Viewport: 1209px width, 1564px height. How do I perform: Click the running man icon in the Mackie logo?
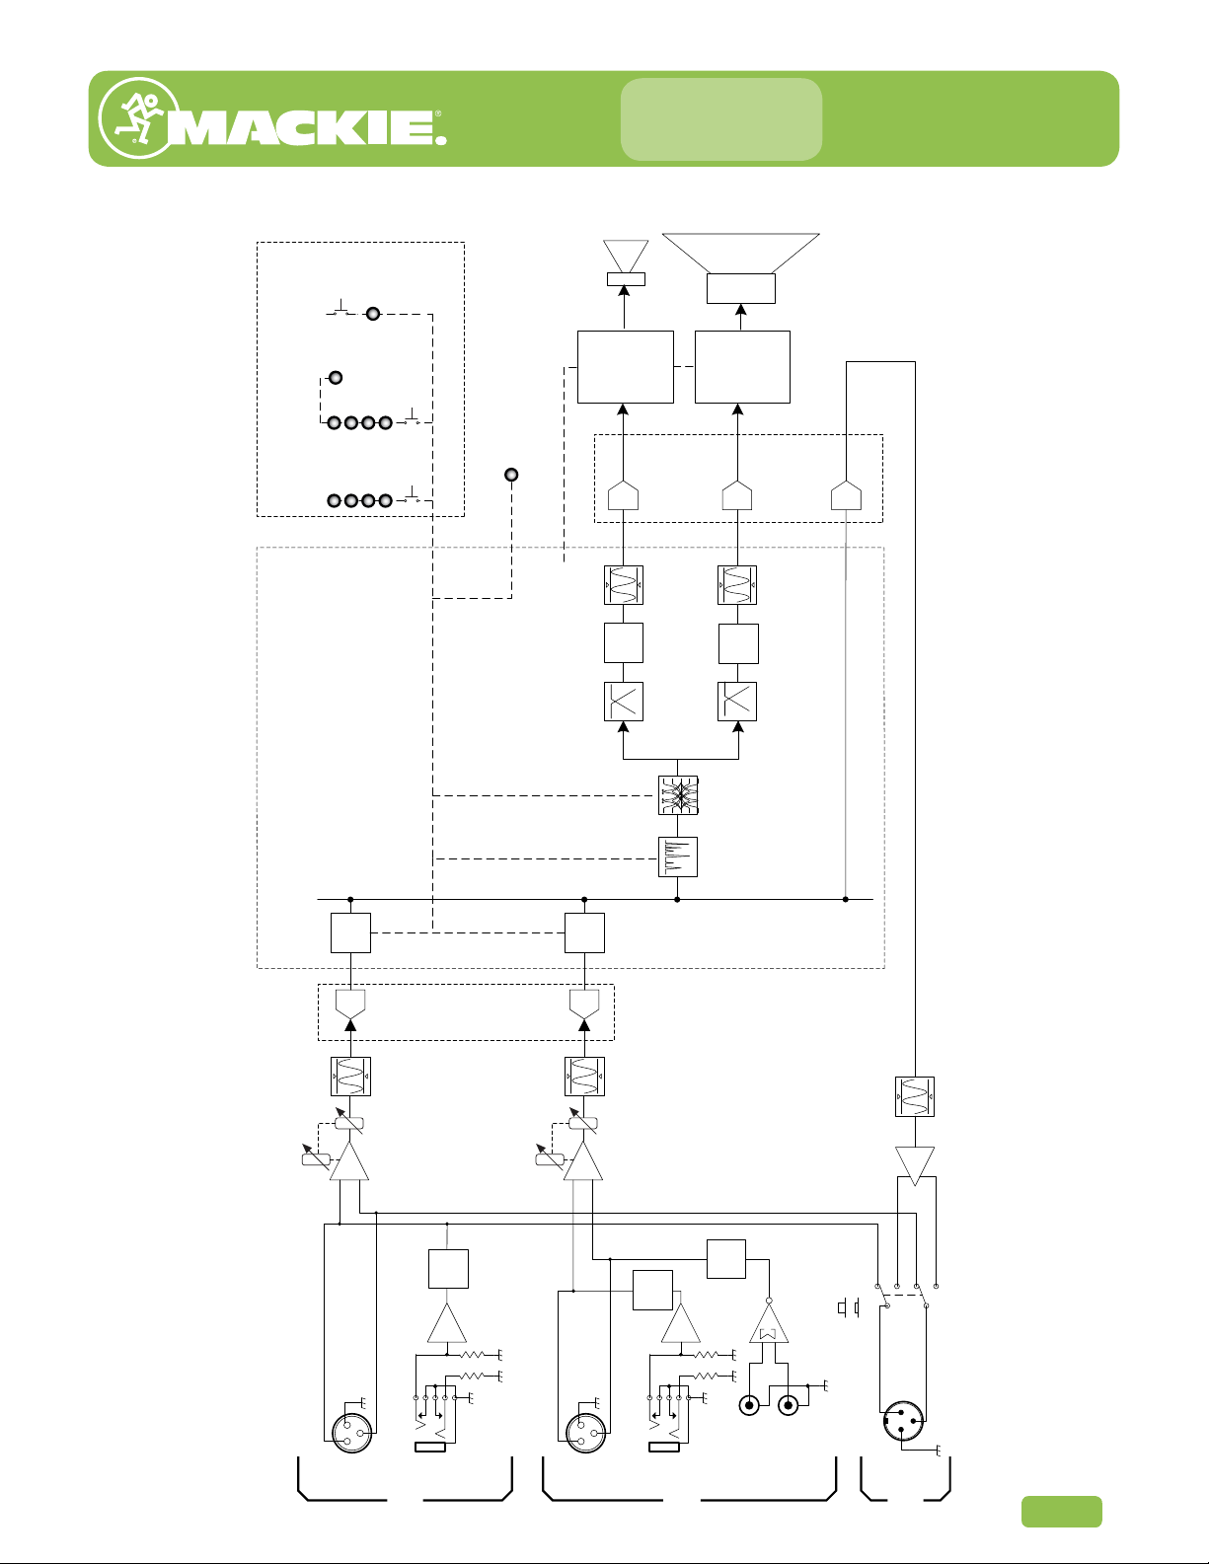click(x=138, y=118)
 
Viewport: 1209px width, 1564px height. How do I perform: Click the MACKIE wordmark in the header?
click(x=307, y=127)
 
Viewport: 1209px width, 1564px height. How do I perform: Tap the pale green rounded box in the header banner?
click(x=721, y=118)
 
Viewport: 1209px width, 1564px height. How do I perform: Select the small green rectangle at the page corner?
click(x=1062, y=1512)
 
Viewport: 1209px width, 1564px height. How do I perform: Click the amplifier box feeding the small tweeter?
click(x=626, y=367)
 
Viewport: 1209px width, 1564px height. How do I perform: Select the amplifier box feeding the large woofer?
click(x=742, y=367)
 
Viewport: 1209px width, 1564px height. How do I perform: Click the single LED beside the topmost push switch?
click(x=373, y=314)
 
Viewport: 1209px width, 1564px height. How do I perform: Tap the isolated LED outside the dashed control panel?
click(x=511, y=475)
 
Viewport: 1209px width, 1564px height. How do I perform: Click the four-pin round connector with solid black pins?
click(x=902, y=1420)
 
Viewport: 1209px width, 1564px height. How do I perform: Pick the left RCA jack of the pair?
click(x=749, y=1405)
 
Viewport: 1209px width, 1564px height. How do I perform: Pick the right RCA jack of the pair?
click(x=788, y=1405)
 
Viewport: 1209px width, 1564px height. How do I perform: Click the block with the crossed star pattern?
click(x=678, y=795)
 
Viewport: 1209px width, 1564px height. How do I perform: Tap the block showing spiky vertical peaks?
click(x=678, y=856)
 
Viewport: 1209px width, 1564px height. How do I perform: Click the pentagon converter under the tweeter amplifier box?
click(x=623, y=495)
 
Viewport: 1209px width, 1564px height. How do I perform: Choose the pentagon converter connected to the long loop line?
click(x=847, y=495)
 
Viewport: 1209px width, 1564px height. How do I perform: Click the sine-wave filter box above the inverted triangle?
click(x=915, y=1097)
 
